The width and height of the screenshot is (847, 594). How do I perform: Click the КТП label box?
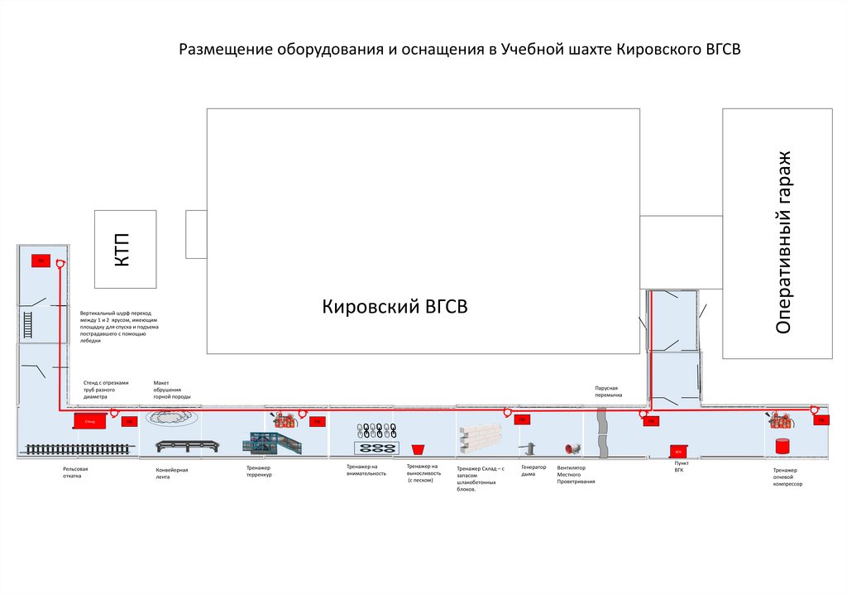click(124, 249)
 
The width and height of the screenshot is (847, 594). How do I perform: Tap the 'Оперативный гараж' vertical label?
click(784, 242)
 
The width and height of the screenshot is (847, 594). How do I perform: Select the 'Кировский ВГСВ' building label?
click(395, 307)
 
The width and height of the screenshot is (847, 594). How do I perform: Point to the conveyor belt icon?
click(189, 446)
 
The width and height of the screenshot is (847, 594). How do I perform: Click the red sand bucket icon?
click(418, 448)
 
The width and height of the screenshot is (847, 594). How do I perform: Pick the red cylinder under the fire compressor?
click(781, 445)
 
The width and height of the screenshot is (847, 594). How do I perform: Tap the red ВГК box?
click(677, 452)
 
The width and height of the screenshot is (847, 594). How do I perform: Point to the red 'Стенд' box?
click(89, 422)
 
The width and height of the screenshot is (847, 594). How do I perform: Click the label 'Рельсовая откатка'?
click(74, 472)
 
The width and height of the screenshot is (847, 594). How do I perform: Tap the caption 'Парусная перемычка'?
click(607, 391)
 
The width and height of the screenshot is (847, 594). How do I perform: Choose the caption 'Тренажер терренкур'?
click(259, 472)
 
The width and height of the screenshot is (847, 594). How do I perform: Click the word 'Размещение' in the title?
click(226, 50)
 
